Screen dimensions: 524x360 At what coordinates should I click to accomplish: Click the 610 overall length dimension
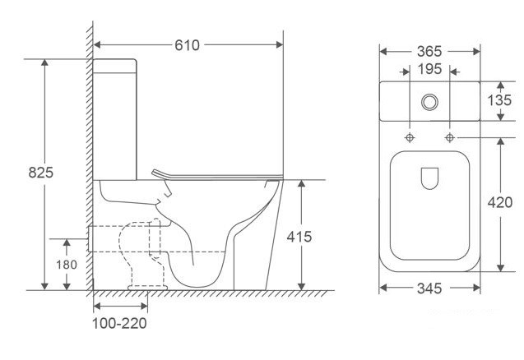coord(188,45)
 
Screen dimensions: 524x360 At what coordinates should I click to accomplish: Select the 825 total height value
coord(41,173)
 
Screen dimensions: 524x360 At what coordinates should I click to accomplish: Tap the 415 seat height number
coord(299,237)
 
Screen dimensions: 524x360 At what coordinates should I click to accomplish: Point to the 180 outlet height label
coord(67,265)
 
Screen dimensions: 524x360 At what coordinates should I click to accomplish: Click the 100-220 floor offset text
coord(119,323)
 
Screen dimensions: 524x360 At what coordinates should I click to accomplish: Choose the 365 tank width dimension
coord(429,52)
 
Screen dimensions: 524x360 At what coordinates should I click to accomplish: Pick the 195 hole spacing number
coord(429,69)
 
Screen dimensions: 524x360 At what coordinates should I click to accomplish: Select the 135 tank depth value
coord(499,100)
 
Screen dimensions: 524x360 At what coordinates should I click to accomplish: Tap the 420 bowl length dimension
coord(500,202)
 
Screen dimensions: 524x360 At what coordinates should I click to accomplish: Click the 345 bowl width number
coord(429,288)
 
